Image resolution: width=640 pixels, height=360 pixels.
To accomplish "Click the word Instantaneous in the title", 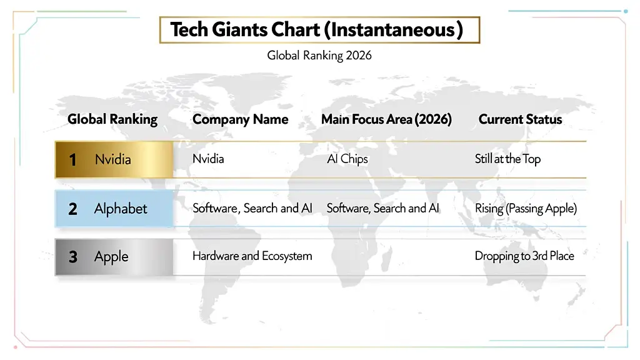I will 393,29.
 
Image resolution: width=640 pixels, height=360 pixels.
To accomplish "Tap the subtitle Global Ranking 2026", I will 319,55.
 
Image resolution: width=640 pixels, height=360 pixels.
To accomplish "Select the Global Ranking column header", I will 112,119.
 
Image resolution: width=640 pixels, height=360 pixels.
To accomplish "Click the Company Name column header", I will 241,119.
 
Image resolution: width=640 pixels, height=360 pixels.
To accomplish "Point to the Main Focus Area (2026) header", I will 386,119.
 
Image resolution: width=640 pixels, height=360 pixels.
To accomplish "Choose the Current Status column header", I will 520,119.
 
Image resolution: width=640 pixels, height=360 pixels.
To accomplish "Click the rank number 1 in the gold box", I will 72,160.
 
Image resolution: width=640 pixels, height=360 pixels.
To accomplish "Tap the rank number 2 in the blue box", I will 72,209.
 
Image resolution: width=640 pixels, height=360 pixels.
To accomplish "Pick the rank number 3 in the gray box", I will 72,257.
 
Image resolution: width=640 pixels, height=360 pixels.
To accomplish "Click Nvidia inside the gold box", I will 113,159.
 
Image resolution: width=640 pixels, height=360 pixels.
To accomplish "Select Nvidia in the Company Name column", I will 208,159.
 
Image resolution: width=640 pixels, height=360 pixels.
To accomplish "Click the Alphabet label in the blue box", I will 121,208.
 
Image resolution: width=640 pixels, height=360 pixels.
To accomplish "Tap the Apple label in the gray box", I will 111,256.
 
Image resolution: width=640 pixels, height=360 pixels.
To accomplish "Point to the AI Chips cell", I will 347,159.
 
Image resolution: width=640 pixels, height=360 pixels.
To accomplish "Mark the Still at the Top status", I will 507,159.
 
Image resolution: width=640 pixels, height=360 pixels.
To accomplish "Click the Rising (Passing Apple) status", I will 526,208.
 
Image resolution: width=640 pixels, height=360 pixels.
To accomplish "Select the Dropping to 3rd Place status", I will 524,256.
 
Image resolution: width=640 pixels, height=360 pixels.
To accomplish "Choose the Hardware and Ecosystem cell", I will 252,256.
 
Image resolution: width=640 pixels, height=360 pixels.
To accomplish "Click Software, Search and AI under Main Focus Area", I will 383,208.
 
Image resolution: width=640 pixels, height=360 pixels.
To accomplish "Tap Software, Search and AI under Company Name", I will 252,208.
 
